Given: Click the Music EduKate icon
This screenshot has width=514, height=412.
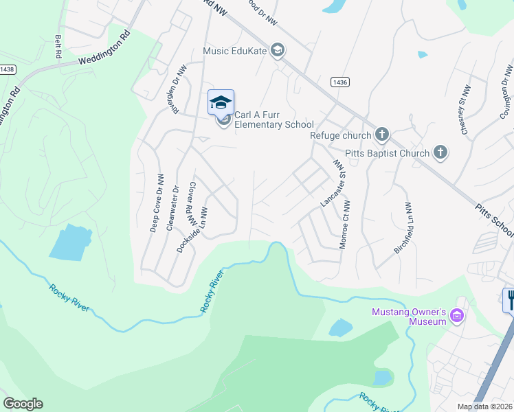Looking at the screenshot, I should click(x=278, y=50).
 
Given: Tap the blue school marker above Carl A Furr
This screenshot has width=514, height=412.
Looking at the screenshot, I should click(x=221, y=102).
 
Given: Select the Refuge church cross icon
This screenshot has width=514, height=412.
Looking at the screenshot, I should click(x=382, y=135).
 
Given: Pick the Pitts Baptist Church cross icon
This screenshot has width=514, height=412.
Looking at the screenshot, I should click(x=440, y=153).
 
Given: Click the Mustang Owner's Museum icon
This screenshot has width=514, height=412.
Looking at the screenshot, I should click(x=457, y=317).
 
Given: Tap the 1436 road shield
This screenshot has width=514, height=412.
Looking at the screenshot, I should click(x=339, y=82).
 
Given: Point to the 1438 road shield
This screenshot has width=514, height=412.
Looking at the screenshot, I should click(x=8, y=69).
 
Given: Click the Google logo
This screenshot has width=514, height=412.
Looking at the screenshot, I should click(x=23, y=404).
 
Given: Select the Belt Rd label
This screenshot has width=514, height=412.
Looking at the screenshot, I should click(x=58, y=46).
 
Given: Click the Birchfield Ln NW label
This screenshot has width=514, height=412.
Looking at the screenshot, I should click(x=403, y=229).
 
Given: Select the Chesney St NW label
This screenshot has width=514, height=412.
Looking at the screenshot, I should click(x=466, y=110).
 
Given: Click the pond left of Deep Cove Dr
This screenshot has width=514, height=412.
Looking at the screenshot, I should click(x=71, y=242).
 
